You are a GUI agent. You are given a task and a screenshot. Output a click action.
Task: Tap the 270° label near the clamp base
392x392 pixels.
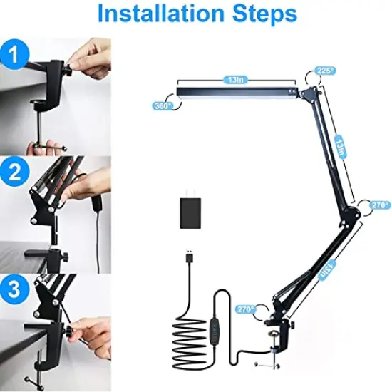coord(245,309)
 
